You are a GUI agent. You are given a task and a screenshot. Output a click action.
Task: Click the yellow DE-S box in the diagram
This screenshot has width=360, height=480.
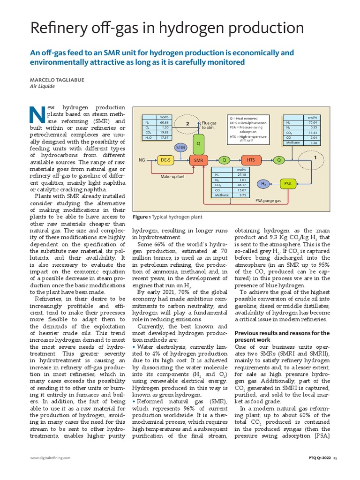[x=165, y=160]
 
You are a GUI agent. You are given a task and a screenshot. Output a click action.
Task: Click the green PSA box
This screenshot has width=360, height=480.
[x=288, y=184]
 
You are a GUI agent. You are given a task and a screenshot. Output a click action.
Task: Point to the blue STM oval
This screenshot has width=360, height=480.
[x=180, y=148]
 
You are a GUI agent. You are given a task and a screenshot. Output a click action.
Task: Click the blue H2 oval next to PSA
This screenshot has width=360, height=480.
[x=263, y=184]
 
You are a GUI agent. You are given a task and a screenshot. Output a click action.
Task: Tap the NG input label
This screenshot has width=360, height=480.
[x=141, y=160]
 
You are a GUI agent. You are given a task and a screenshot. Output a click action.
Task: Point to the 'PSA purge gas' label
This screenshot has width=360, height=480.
[x=268, y=201]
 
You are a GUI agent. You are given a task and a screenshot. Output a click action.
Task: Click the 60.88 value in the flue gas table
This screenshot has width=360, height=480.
[x=164, y=123]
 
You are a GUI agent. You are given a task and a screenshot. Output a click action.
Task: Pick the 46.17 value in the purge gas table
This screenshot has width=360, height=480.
[x=242, y=185]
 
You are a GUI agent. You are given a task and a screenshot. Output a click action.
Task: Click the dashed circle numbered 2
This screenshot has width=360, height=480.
[x=187, y=125]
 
